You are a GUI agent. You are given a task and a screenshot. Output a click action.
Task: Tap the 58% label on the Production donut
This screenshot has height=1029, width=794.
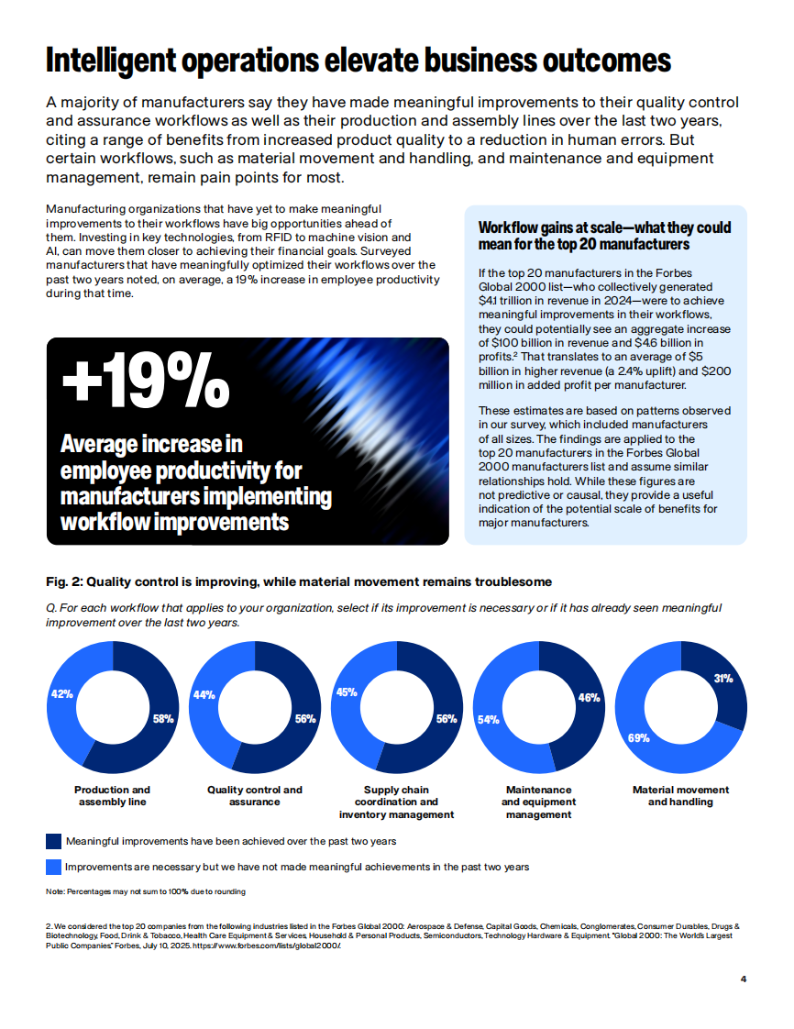[163, 719]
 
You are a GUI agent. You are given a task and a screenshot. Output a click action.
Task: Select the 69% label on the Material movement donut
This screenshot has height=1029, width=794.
[639, 737]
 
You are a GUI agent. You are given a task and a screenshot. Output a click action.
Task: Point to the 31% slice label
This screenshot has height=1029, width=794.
[722, 679]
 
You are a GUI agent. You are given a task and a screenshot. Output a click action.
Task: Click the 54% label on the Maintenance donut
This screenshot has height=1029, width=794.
[488, 719]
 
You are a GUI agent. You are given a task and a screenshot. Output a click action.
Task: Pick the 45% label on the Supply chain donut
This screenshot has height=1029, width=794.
[347, 692]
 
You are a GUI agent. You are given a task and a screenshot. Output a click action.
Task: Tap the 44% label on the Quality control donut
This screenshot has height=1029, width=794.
[204, 694]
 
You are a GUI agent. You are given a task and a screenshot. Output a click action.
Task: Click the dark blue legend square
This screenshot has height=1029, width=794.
[53, 840]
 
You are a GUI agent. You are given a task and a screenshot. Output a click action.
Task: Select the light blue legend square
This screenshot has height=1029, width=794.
[53, 866]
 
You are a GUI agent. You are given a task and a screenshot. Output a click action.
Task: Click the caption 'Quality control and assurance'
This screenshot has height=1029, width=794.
[254, 795]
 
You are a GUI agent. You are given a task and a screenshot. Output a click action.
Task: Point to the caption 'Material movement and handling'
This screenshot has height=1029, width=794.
[680, 795]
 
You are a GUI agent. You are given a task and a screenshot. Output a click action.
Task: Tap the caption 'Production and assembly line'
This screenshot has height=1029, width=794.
[112, 795]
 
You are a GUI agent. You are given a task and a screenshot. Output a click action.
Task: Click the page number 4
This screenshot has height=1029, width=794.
[743, 979]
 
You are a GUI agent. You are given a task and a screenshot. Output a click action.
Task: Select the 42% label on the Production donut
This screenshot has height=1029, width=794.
[61, 694]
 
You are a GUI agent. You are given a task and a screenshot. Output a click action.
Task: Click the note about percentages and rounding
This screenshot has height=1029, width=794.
[145, 891]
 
